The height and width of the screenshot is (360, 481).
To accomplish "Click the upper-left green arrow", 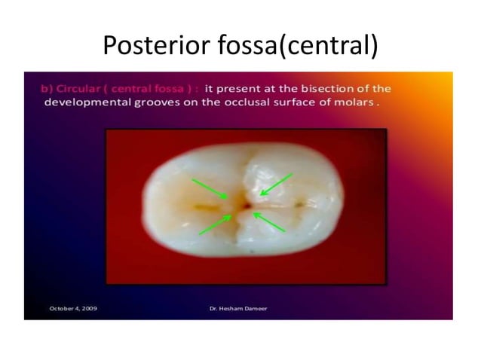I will coord(210,189).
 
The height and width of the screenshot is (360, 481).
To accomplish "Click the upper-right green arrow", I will coord(276,185).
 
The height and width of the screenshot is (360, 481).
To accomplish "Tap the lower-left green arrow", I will coord(216,224).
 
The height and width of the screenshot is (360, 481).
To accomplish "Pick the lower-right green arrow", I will coord(269,221).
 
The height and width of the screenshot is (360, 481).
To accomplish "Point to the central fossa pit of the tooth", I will coord(244,204).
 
